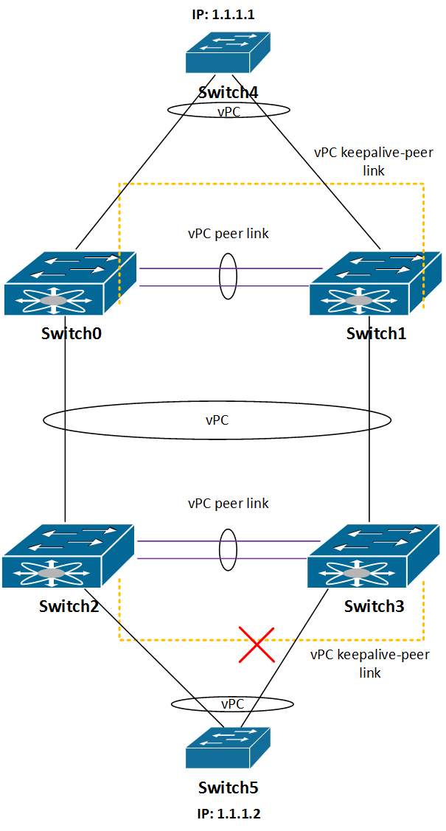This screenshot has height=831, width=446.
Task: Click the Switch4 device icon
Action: tap(228, 52)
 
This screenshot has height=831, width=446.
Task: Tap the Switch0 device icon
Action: tap(70, 284)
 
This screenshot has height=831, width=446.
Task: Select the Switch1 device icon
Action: tap(375, 284)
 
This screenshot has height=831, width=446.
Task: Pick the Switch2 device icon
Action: tap(69, 556)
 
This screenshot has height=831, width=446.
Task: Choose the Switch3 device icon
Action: tap(374, 556)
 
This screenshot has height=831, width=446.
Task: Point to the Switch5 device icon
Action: tap(228, 748)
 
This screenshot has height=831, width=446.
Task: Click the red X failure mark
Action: tap(257, 644)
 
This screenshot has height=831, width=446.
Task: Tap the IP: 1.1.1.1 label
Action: tap(223, 14)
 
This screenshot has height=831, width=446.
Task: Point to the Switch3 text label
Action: tap(374, 606)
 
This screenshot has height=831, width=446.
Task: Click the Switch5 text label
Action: tap(229, 787)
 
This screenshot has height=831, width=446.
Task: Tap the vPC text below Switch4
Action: tap(229, 112)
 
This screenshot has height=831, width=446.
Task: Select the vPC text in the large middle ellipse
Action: tap(217, 420)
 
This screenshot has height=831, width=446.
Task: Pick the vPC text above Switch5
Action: tap(232, 703)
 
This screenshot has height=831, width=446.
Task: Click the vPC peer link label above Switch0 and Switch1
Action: tap(229, 234)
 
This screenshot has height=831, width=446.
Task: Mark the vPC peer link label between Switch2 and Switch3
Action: tap(229, 503)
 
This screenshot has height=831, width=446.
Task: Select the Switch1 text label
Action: tap(376, 334)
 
